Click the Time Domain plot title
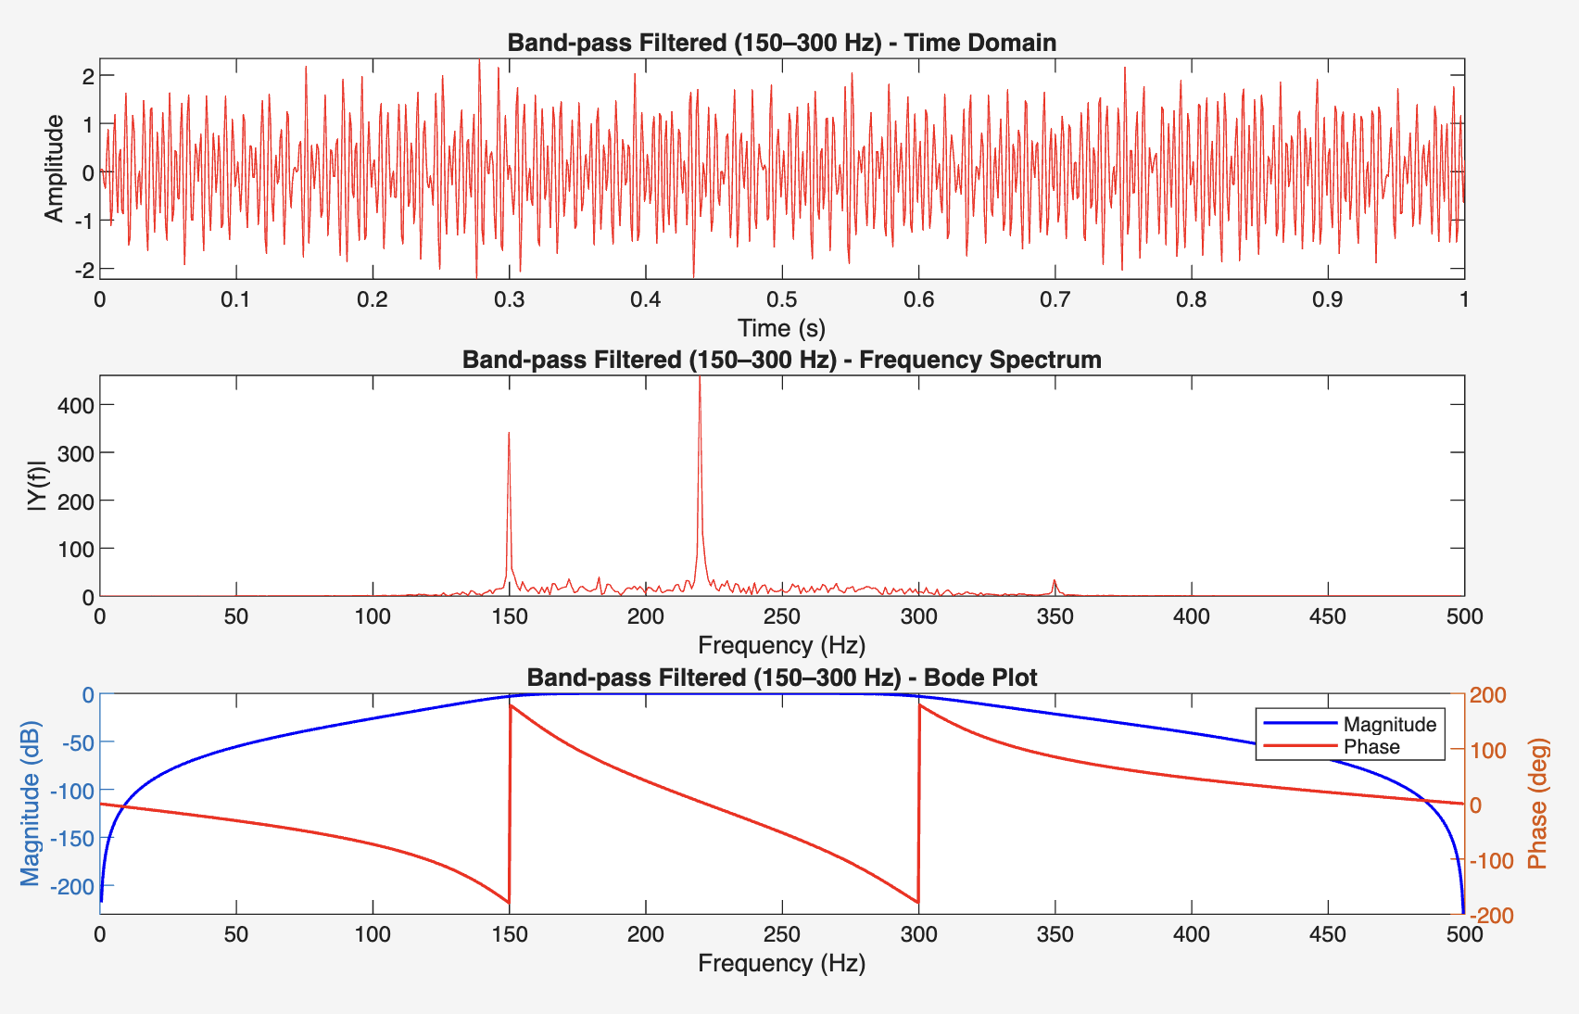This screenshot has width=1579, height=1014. click(x=781, y=43)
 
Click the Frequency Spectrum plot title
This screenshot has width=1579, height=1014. click(x=781, y=360)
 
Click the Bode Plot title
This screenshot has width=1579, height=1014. click(x=781, y=678)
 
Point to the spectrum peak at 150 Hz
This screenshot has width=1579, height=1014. click(x=509, y=434)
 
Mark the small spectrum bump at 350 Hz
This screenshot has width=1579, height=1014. click(x=1055, y=582)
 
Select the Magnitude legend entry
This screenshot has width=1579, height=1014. click(x=1389, y=724)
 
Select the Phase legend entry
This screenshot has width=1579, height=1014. click(x=1371, y=747)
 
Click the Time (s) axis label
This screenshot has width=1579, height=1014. click(x=781, y=328)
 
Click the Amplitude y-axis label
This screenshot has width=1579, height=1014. click(x=55, y=169)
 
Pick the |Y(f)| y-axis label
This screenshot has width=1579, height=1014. click(x=37, y=486)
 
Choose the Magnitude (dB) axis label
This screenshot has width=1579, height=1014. click(x=31, y=803)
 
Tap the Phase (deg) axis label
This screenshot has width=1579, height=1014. click(x=1538, y=804)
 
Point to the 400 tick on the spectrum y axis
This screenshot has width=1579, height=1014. click(x=74, y=405)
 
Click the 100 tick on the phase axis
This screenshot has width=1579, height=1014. click(x=1489, y=750)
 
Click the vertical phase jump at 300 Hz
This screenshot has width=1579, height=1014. click(x=918, y=803)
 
